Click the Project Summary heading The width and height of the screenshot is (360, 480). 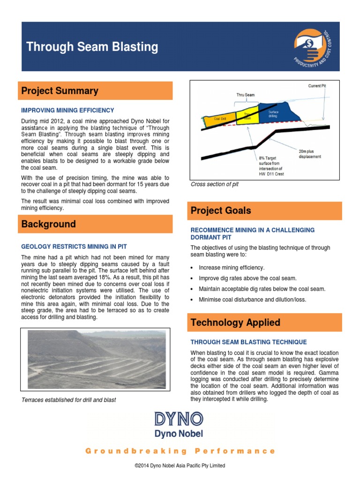coord(60,91)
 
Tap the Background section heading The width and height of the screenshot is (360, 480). coord(48,224)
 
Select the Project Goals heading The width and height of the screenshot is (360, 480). coord(220,210)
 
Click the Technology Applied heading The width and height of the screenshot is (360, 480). coord(235,322)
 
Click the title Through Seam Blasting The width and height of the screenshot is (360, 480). coord(92,47)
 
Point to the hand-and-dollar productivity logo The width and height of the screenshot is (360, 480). coord(310,45)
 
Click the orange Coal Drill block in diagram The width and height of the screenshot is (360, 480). coord(220,119)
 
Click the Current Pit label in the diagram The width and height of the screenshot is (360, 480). coord(317,86)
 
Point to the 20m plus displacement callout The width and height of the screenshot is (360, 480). coord(309,154)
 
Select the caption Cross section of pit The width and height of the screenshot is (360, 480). coord(215,184)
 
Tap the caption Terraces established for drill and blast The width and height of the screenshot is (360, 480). coord(69,400)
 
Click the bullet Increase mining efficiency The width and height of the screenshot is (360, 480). coord(232,268)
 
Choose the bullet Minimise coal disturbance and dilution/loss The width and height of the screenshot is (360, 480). coord(252,300)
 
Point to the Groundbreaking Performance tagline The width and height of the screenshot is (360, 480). coord(180,451)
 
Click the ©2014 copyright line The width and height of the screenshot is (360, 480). coord(180,465)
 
